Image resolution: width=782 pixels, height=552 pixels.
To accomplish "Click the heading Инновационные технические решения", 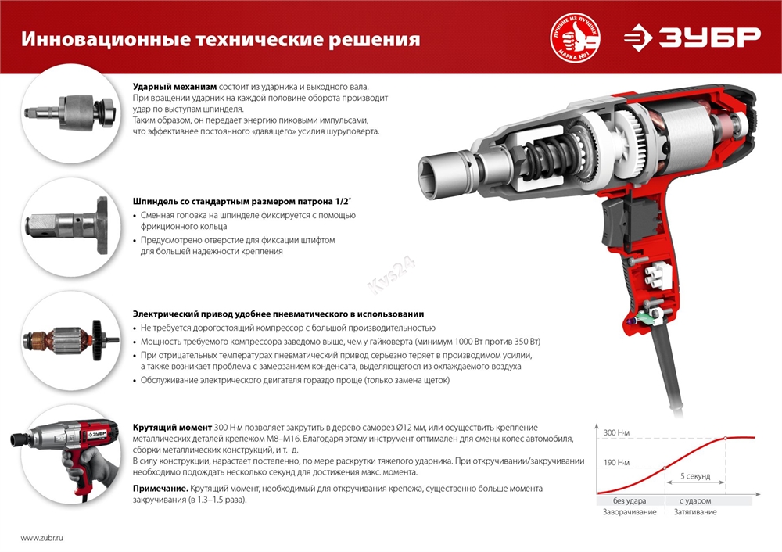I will coord(220,40).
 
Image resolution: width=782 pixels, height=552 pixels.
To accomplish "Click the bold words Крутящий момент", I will coord(172,427).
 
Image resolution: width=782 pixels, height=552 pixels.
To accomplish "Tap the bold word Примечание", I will coord(160,488).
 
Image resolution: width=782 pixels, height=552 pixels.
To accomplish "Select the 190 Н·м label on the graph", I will coord(617,464).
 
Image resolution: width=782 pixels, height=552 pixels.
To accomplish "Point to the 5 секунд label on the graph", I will coord(695,475).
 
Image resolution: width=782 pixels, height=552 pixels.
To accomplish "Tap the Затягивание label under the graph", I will coord(694,512).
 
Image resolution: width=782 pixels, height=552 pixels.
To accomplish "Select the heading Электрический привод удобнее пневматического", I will coord(278,313).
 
